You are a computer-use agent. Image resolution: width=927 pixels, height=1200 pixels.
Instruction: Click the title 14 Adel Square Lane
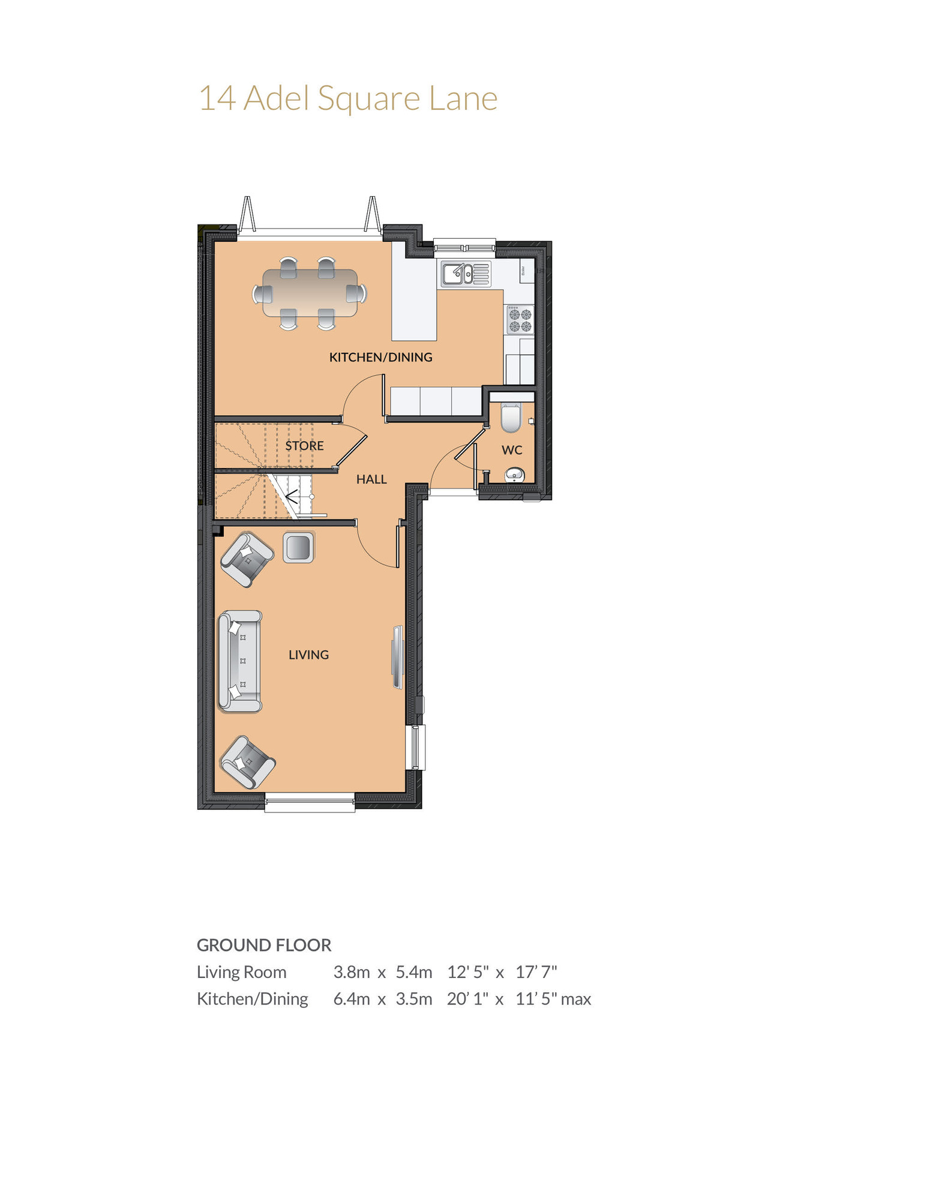coord(348,99)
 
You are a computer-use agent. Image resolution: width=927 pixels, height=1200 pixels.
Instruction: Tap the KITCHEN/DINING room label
coord(380,357)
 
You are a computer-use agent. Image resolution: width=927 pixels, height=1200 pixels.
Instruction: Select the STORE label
coord(304,446)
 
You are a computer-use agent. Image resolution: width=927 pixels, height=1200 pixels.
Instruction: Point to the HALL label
coord(371,479)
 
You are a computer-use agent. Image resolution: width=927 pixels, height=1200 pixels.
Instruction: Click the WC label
coord(512,450)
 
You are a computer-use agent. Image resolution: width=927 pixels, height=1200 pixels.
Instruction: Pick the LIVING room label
coord(308,655)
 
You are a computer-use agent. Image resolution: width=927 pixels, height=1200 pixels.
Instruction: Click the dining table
coord(310,293)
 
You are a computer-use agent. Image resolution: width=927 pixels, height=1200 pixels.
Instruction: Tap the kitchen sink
coord(466,274)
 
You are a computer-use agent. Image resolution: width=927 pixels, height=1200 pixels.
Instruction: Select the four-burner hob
coord(520,319)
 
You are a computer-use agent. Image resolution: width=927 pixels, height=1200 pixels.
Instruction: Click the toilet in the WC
coord(511,418)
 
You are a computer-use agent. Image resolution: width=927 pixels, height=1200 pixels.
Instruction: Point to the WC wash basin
coord(515,475)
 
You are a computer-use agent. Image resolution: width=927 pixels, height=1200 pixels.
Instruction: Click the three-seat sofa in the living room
coord(240,661)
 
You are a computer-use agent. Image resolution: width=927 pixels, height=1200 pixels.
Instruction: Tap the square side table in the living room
coord(298,547)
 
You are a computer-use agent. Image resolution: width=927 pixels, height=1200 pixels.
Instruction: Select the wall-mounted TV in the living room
coord(398,657)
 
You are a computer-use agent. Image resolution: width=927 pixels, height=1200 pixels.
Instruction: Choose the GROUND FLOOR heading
coord(264,945)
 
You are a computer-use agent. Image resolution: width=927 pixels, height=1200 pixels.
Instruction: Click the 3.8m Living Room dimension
coord(352,972)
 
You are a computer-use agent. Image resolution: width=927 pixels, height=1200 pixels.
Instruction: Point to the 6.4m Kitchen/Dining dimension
coord(352,999)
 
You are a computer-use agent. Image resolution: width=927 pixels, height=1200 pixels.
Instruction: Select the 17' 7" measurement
coord(536,972)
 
